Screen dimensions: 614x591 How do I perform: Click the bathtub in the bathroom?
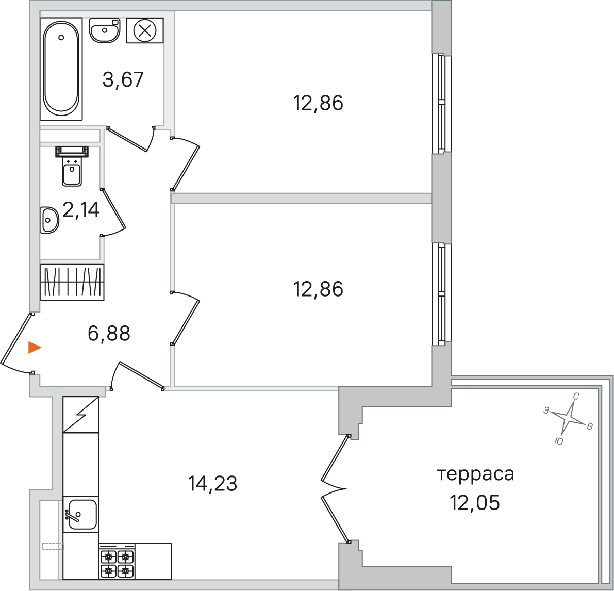point(61,69)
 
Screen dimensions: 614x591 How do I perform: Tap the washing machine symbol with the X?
point(145,30)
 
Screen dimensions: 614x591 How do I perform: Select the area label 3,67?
point(123,79)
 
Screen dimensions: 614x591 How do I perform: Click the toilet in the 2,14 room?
point(72,166)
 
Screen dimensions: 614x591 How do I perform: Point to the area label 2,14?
point(81,210)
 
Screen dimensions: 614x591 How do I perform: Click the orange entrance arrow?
point(35,348)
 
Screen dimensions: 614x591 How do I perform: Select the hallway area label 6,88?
point(109,334)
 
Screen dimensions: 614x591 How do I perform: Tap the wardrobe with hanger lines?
point(73,282)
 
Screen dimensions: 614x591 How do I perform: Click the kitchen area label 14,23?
point(212,484)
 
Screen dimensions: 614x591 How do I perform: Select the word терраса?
point(475,474)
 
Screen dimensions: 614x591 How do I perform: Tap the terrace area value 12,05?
point(475,502)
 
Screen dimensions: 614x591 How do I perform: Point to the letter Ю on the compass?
point(559,441)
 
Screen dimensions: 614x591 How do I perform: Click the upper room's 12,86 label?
point(319,103)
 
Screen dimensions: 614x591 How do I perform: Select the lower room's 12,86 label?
point(319,289)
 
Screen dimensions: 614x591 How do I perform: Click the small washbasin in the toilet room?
point(49,220)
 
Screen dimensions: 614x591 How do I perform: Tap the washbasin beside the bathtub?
point(105,30)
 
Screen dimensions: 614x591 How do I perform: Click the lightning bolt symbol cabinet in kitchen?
point(81,414)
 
